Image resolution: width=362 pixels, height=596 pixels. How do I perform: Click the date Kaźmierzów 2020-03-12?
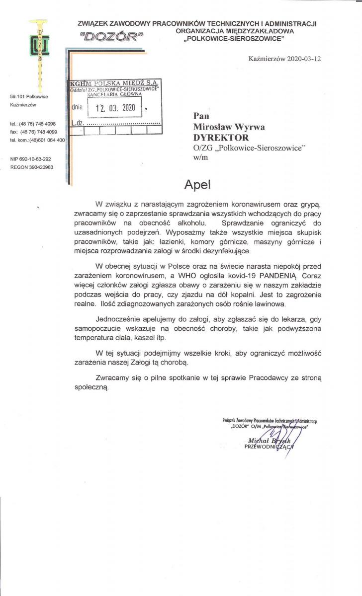pyautogui.click(x=284, y=58)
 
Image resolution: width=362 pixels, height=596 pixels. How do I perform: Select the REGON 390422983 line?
pyautogui.click(x=32, y=167)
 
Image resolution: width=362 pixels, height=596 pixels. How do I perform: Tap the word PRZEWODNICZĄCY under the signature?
pyautogui.click(x=270, y=447)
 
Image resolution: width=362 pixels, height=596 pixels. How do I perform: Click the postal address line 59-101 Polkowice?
pyautogui.click(x=27, y=96)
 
